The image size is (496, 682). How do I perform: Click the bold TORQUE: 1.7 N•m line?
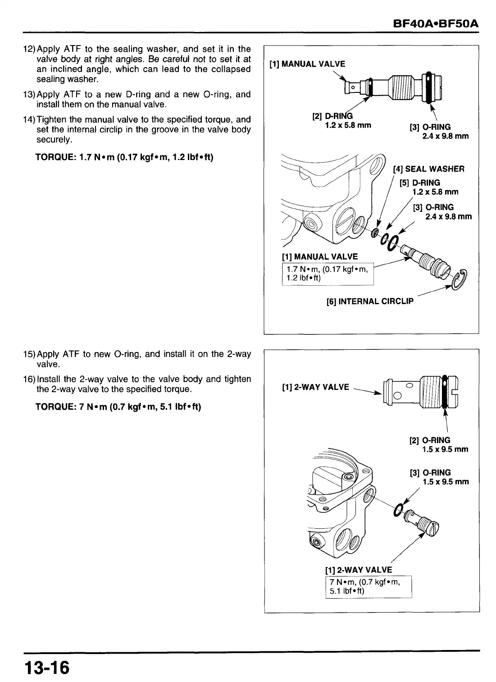[124, 157]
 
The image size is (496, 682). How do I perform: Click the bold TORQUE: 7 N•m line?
[118, 407]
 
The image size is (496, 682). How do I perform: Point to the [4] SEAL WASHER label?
[428, 169]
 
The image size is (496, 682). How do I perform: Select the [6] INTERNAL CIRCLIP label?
[369, 301]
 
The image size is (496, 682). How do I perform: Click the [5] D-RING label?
[420, 183]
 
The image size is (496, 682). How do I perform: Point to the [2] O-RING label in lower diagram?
[430, 440]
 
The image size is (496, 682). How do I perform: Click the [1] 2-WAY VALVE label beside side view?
[315, 387]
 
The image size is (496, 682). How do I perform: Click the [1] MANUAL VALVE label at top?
[307, 64]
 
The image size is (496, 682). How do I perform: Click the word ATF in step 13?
[72, 94]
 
